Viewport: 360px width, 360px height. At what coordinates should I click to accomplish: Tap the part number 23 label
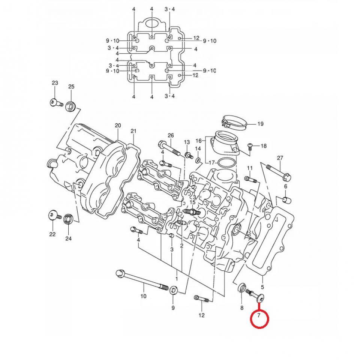(55, 83)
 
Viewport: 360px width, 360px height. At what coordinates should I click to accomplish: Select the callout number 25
(71, 87)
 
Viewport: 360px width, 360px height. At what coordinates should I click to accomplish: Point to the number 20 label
(118, 125)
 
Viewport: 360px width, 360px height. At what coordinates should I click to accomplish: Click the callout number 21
(133, 131)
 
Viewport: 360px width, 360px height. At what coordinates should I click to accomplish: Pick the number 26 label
(171, 135)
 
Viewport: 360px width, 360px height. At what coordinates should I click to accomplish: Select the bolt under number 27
(278, 171)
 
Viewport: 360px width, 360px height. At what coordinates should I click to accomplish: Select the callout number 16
(198, 141)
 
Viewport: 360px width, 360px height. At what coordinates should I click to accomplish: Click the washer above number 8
(242, 288)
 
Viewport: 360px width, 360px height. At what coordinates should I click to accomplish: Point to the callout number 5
(263, 286)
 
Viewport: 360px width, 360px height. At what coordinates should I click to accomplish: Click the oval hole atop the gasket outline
(152, 24)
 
